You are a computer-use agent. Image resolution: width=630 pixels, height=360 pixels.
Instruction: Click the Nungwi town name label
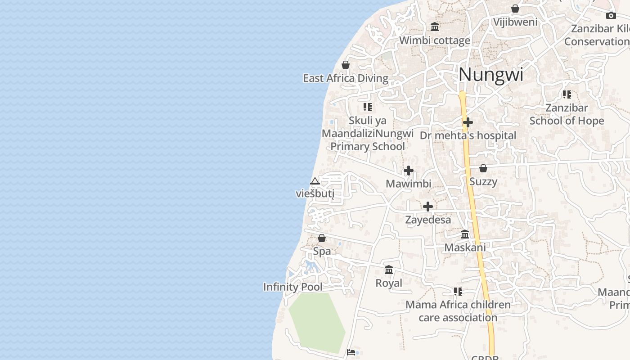(x=491, y=75)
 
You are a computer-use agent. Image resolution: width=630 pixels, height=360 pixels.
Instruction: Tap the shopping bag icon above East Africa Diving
(x=346, y=65)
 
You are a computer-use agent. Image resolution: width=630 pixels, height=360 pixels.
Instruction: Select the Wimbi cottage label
(x=435, y=40)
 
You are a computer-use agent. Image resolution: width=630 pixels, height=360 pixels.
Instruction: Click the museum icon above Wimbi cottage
(x=435, y=27)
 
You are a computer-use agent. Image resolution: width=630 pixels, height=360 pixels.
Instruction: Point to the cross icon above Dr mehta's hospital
(x=468, y=122)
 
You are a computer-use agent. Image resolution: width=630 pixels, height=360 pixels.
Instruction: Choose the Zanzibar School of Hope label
(x=567, y=114)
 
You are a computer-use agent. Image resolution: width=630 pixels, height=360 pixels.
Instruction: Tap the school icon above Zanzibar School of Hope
(x=567, y=94)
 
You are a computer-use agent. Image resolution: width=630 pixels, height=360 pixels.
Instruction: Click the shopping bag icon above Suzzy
(x=483, y=168)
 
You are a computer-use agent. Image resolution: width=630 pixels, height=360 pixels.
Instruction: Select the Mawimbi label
(x=409, y=184)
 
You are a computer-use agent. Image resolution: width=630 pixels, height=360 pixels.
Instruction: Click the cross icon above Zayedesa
(x=428, y=207)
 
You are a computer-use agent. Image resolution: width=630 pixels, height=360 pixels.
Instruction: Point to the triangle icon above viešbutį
(x=315, y=181)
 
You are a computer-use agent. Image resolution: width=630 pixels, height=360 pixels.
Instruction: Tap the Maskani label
(x=465, y=247)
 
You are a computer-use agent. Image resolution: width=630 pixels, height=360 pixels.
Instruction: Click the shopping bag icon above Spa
(x=322, y=238)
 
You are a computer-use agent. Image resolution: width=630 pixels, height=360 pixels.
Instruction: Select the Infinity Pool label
(x=292, y=287)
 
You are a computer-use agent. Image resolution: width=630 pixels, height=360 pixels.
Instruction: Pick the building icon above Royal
(x=389, y=270)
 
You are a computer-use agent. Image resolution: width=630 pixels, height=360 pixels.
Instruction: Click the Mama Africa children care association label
(x=458, y=311)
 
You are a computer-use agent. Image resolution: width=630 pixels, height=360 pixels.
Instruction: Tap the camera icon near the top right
(x=611, y=15)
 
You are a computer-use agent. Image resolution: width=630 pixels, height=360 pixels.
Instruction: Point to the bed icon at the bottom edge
(x=351, y=352)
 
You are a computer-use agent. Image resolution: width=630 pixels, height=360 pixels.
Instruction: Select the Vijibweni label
(x=515, y=22)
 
